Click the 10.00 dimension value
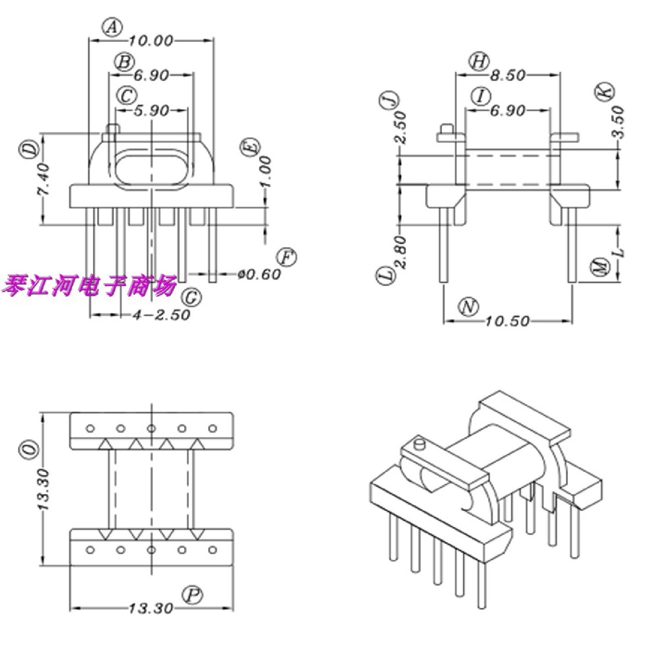tap(151, 41)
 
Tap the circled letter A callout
tap(112, 27)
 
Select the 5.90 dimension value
tap(151, 111)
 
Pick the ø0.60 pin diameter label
tap(259, 274)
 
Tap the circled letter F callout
tap(286, 258)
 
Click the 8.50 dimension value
tap(508, 75)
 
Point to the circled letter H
tap(479, 61)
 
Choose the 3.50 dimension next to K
tap(618, 122)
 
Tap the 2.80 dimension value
tap(400, 252)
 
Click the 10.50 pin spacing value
tap(507, 321)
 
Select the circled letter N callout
tap(469, 307)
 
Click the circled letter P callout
tap(193, 595)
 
